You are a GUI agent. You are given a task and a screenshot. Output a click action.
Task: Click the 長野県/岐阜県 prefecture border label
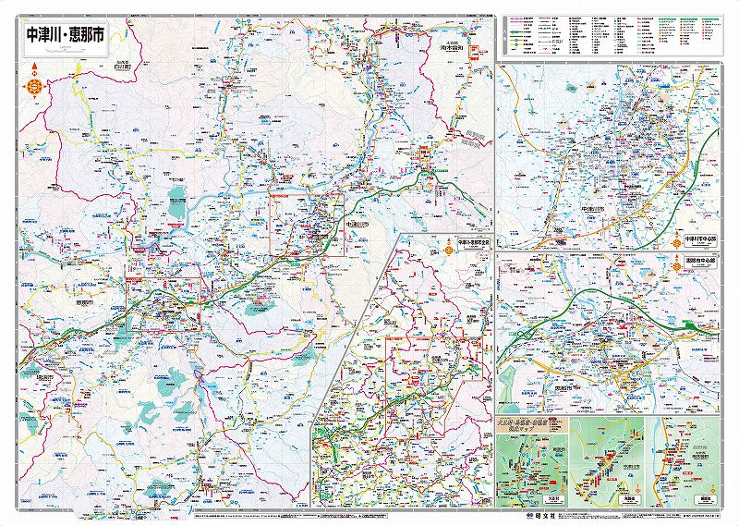point(473,139)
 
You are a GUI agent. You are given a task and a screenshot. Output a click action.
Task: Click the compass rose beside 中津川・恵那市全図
point(447,248)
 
